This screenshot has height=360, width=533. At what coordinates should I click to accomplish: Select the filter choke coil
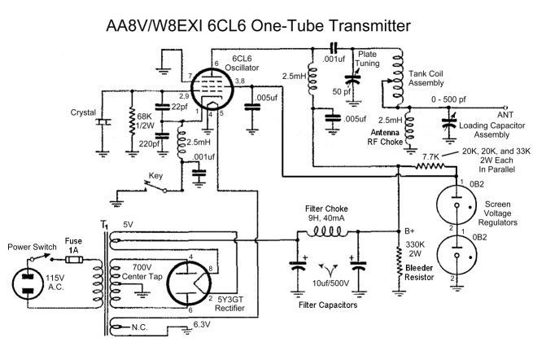[x=322, y=235]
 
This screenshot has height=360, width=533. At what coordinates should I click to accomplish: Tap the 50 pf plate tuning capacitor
[x=352, y=81]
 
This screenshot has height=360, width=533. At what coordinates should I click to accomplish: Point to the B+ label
[x=412, y=229]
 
